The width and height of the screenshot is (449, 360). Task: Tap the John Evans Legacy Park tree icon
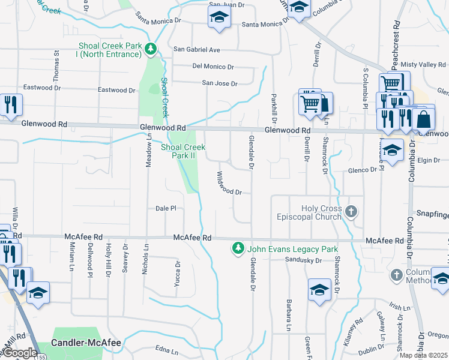tap(238, 248)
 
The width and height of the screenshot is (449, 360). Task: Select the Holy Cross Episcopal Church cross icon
tap(352, 211)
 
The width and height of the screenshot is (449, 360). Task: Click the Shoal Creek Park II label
tap(183, 151)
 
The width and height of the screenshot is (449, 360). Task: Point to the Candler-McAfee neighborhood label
tap(86, 343)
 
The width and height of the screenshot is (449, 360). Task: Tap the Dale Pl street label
tap(165, 208)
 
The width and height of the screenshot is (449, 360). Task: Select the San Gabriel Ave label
tap(197, 49)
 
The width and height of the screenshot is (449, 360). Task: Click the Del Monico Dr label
tap(213, 67)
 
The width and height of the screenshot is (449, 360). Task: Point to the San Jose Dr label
tap(219, 83)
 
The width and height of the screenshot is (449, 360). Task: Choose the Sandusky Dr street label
tap(304, 260)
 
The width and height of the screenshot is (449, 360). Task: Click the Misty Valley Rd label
tap(423, 64)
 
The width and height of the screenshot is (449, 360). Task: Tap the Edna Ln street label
tap(167, 351)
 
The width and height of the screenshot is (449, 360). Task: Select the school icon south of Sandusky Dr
tap(319, 289)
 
